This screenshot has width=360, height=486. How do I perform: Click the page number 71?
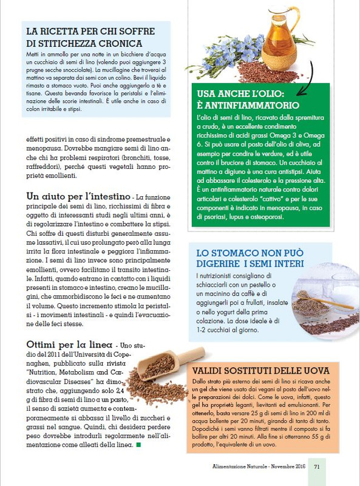tap(317, 467)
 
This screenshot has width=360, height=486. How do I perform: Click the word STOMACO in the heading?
tap(238, 252)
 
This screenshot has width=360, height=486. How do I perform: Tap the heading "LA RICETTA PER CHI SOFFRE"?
tap(90, 31)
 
